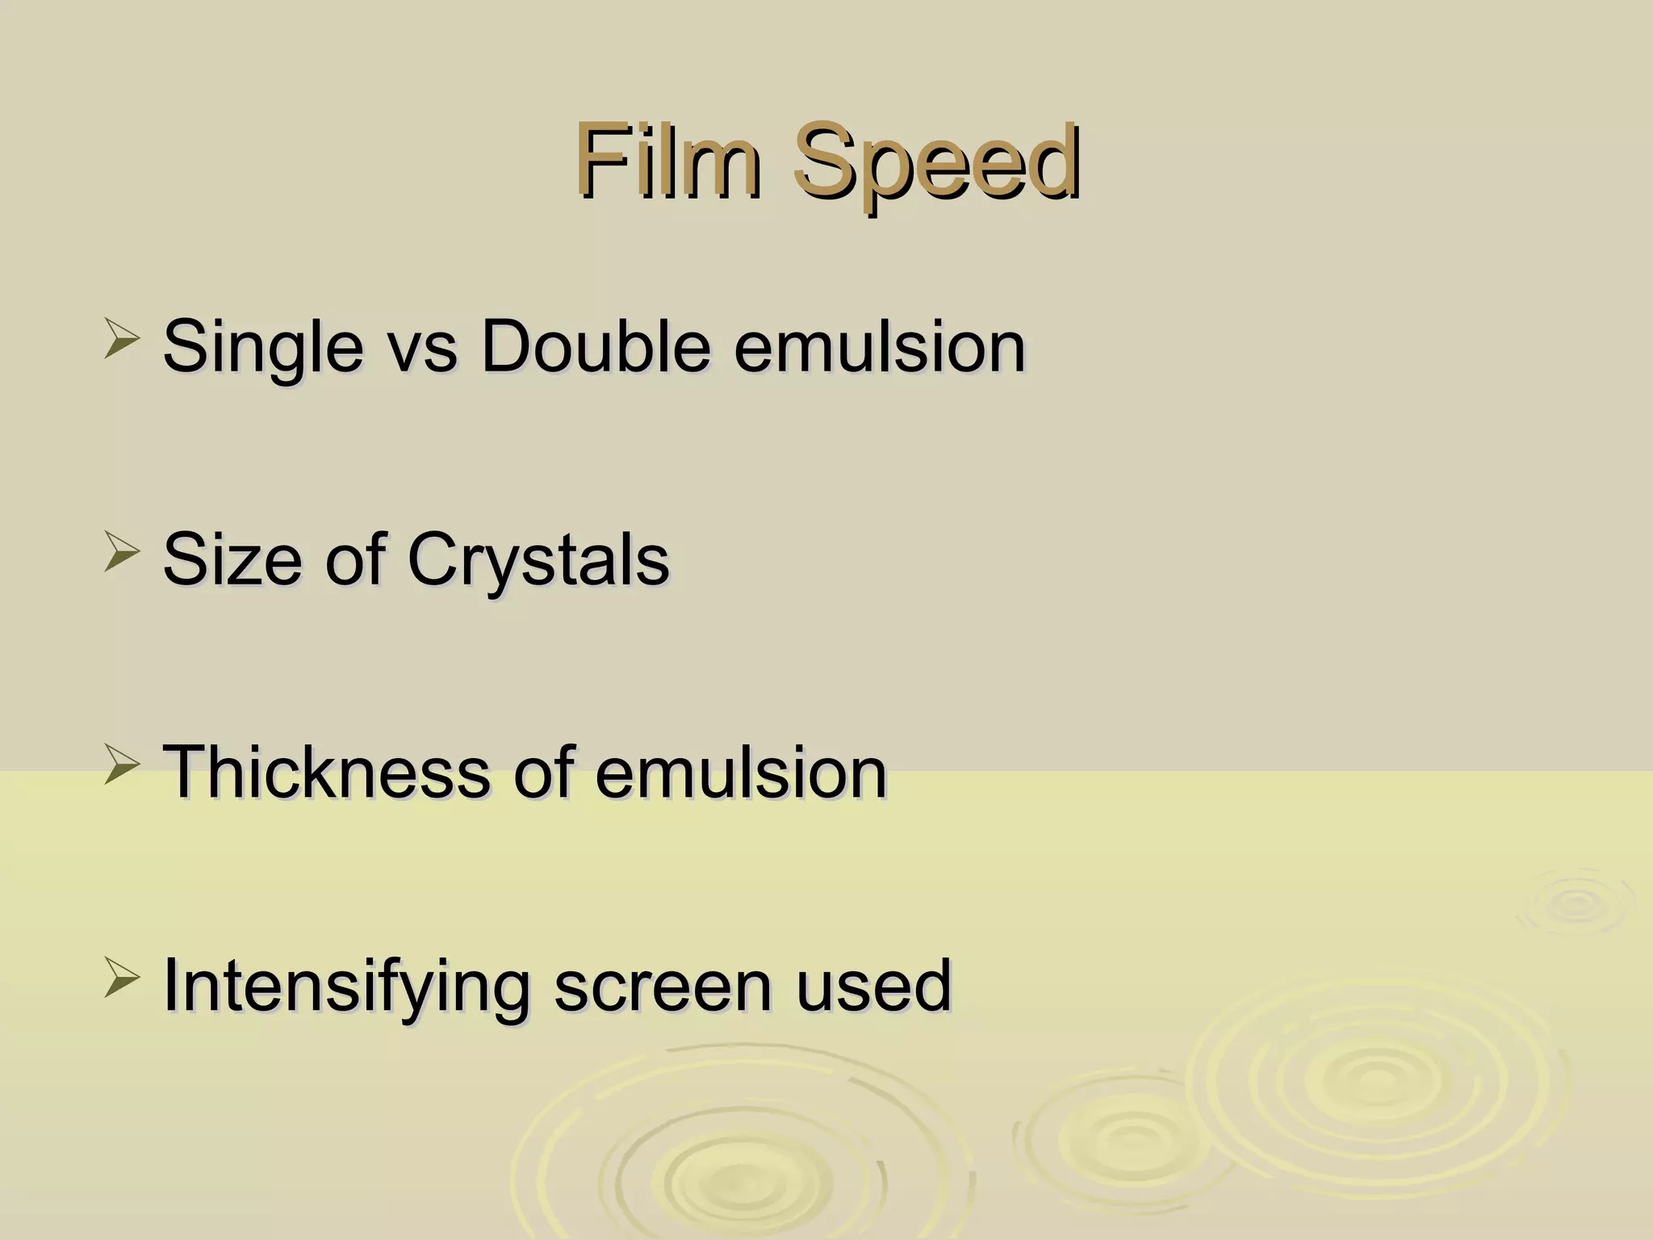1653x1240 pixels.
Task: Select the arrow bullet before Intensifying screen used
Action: click(122, 980)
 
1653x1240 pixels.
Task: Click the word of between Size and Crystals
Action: click(355, 559)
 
